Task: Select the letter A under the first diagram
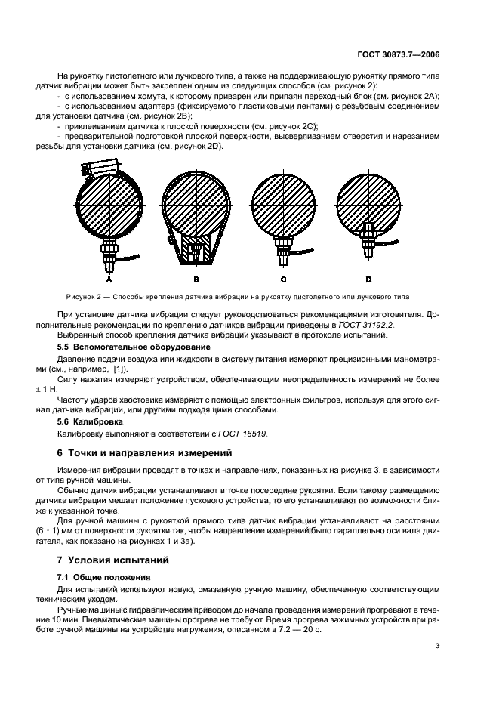point(110,279)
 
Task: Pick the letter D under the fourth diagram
point(368,279)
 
